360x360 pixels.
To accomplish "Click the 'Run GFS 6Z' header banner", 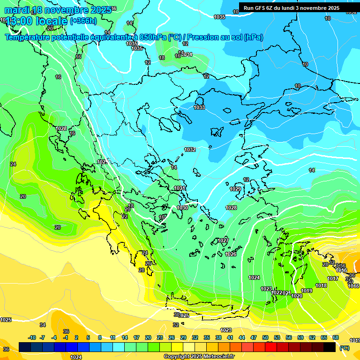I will [291, 7].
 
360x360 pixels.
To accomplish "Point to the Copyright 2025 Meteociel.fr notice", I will [199, 357].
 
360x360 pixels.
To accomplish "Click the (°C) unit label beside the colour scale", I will [345, 347].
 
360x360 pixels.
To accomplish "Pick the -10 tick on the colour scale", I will [32, 337].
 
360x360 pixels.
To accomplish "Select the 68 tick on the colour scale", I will [336, 337].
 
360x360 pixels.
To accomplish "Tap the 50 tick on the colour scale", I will [265, 337].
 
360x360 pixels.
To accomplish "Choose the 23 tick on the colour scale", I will [160, 337].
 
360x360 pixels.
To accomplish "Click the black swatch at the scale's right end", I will [330, 347].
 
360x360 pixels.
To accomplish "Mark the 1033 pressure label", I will [199, 107].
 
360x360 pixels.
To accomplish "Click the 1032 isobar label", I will [190, 150].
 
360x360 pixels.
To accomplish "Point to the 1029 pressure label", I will [235, 189].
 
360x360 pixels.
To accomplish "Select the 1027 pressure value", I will [223, 240].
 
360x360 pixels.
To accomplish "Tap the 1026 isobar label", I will [231, 254].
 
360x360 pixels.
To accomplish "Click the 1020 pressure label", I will [297, 296].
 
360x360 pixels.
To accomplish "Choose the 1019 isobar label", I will [307, 291].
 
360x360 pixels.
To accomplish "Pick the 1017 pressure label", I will [333, 278].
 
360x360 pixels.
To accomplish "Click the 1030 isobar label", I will [182, 208].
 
